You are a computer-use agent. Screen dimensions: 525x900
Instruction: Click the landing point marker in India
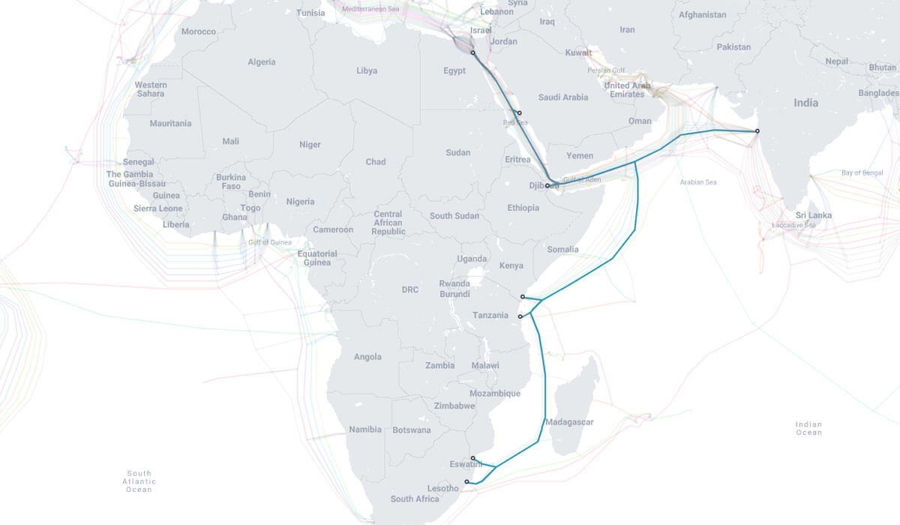click(757, 131)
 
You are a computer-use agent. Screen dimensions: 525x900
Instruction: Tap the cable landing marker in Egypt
click(472, 53)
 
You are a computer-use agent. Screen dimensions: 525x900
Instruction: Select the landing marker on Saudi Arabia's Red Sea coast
click(519, 113)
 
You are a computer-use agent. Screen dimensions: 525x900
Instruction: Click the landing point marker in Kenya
click(523, 297)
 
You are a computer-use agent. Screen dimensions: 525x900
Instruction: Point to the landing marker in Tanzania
click(520, 316)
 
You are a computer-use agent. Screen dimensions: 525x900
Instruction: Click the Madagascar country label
click(569, 422)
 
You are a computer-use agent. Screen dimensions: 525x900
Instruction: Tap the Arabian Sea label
click(698, 182)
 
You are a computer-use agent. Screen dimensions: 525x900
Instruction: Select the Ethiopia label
click(523, 208)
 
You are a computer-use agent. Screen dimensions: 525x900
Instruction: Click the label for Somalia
click(563, 249)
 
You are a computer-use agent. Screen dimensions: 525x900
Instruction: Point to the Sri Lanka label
click(814, 215)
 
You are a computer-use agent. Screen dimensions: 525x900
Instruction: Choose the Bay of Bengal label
click(862, 172)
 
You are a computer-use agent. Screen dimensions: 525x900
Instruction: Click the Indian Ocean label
click(808, 428)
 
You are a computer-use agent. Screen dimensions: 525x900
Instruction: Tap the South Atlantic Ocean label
click(139, 481)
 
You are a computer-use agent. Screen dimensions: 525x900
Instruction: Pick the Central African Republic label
click(388, 223)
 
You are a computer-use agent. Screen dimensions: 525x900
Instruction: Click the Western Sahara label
click(151, 89)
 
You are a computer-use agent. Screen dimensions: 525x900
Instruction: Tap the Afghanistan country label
click(702, 15)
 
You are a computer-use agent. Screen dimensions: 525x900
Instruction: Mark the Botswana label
click(412, 430)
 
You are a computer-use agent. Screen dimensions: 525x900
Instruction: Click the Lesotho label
click(442, 489)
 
